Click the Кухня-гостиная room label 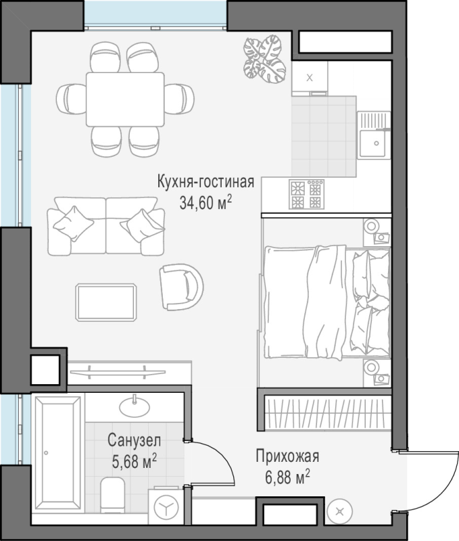pos(206,182)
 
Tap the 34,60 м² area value pos(206,202)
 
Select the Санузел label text pos(134,440)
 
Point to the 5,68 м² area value pos(134,461)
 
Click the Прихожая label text pos(287,456)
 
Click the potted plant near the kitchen pos(264,59)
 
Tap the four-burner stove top pos(306,194)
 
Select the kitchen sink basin pos(372,143)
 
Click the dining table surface pos(125,99)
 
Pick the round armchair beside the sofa pos(181,287)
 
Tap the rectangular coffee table pos(106,302)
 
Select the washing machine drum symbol pos(167,509)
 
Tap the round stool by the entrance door pos(340,512)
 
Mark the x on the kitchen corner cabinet pos(310,78)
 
